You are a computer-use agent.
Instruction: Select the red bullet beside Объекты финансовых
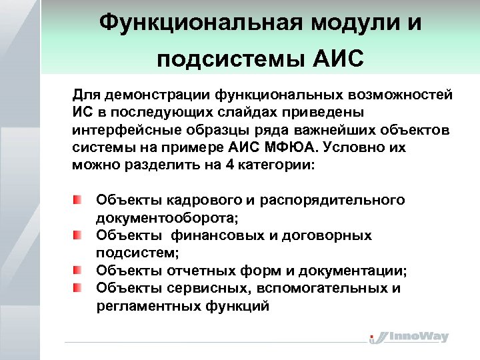pos(79,235)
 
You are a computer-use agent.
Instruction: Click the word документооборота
pos(167,218)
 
